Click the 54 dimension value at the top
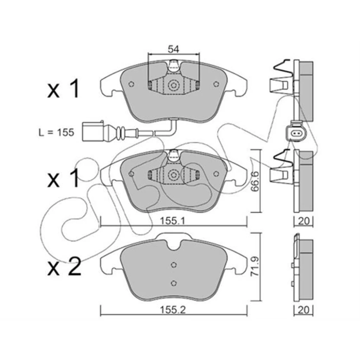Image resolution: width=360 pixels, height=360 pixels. (x=173, y=49)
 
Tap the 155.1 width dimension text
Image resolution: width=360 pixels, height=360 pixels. (x=172, y=221)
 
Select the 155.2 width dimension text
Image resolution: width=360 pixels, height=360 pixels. (x=173, y=310)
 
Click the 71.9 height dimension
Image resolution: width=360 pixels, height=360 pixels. (x=255, y=266)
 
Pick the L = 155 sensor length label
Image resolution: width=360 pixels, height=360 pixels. (x=56, y=133)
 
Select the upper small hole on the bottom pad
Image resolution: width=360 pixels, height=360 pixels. (x=174, y=265)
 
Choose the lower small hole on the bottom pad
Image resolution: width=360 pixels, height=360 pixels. (x=174, y=283)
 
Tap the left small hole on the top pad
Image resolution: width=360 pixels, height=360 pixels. (x=131, y=84)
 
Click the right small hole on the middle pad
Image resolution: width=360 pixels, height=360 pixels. (x=216, y=174)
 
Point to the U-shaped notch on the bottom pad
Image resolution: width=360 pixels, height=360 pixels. (x=174, y=245)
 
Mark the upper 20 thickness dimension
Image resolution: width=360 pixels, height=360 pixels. (x=303, y=221)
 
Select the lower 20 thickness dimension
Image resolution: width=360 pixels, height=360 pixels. (x=303, y=310)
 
